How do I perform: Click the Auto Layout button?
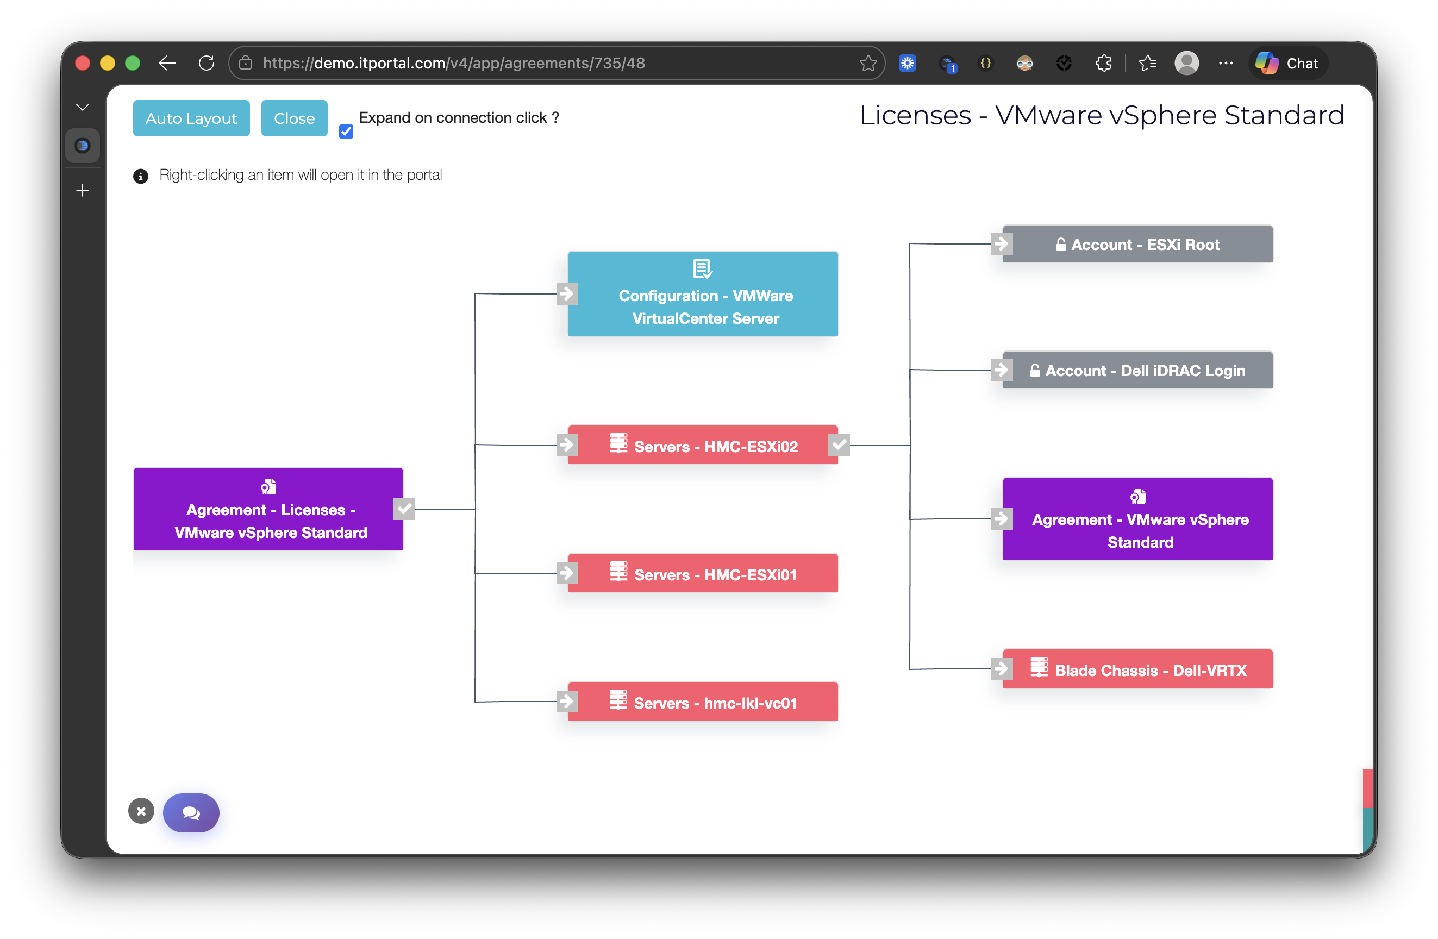(191, 118)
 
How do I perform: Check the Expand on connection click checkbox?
(346, 131)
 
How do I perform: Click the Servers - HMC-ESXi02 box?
(703, 446)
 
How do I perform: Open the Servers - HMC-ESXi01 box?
(703, 573)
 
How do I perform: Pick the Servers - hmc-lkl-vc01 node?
(703, 702)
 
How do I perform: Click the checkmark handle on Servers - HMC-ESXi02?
(839, 446)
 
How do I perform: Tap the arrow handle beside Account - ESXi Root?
(1001, 244)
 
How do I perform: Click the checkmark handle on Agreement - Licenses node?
(404, 509)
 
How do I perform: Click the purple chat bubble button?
(191, 813)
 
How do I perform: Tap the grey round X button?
(141, 811)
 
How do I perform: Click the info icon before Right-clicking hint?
(140, 177)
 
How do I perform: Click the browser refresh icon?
(207, 63)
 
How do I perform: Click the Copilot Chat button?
(1288, 63)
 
